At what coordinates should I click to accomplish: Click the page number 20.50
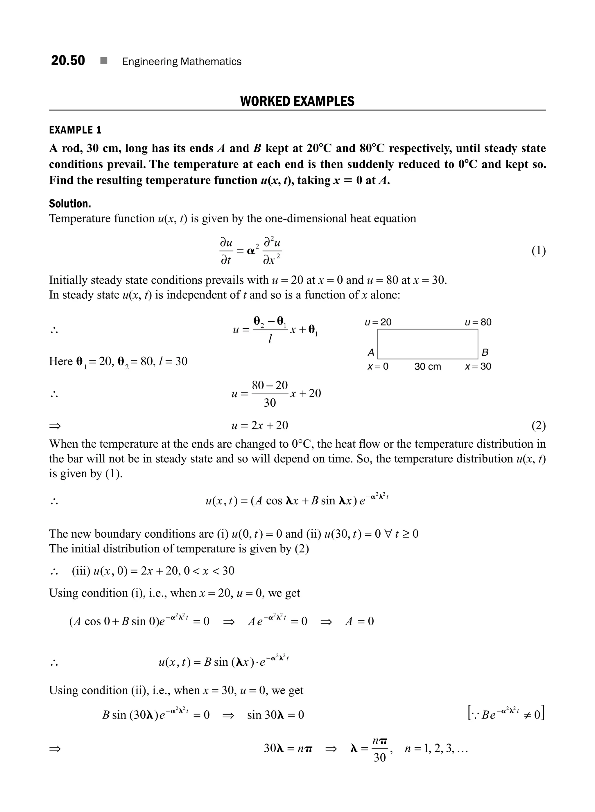point(68,60)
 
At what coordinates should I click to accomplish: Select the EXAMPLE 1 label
point(75,130)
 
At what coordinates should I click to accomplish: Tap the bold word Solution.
point(70,204)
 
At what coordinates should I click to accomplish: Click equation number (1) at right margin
point(538,251)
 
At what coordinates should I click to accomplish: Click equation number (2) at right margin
point(538,426)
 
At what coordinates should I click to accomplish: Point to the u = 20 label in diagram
point(378,322)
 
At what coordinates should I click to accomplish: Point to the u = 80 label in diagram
point(478,322)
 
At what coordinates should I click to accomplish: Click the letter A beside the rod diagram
point(371,352)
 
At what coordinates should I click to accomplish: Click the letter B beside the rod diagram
point(485,352)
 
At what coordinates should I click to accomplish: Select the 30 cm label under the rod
point(428,367)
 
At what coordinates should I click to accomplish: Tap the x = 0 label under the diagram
point(378,367)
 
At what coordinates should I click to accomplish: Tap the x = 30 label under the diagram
point(478,367)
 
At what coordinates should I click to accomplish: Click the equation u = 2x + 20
point(260,426)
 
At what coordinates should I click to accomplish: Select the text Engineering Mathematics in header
point(182,62)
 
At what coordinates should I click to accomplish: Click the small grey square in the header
point(104,60)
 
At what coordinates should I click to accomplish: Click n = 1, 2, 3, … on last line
point(436,749)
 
